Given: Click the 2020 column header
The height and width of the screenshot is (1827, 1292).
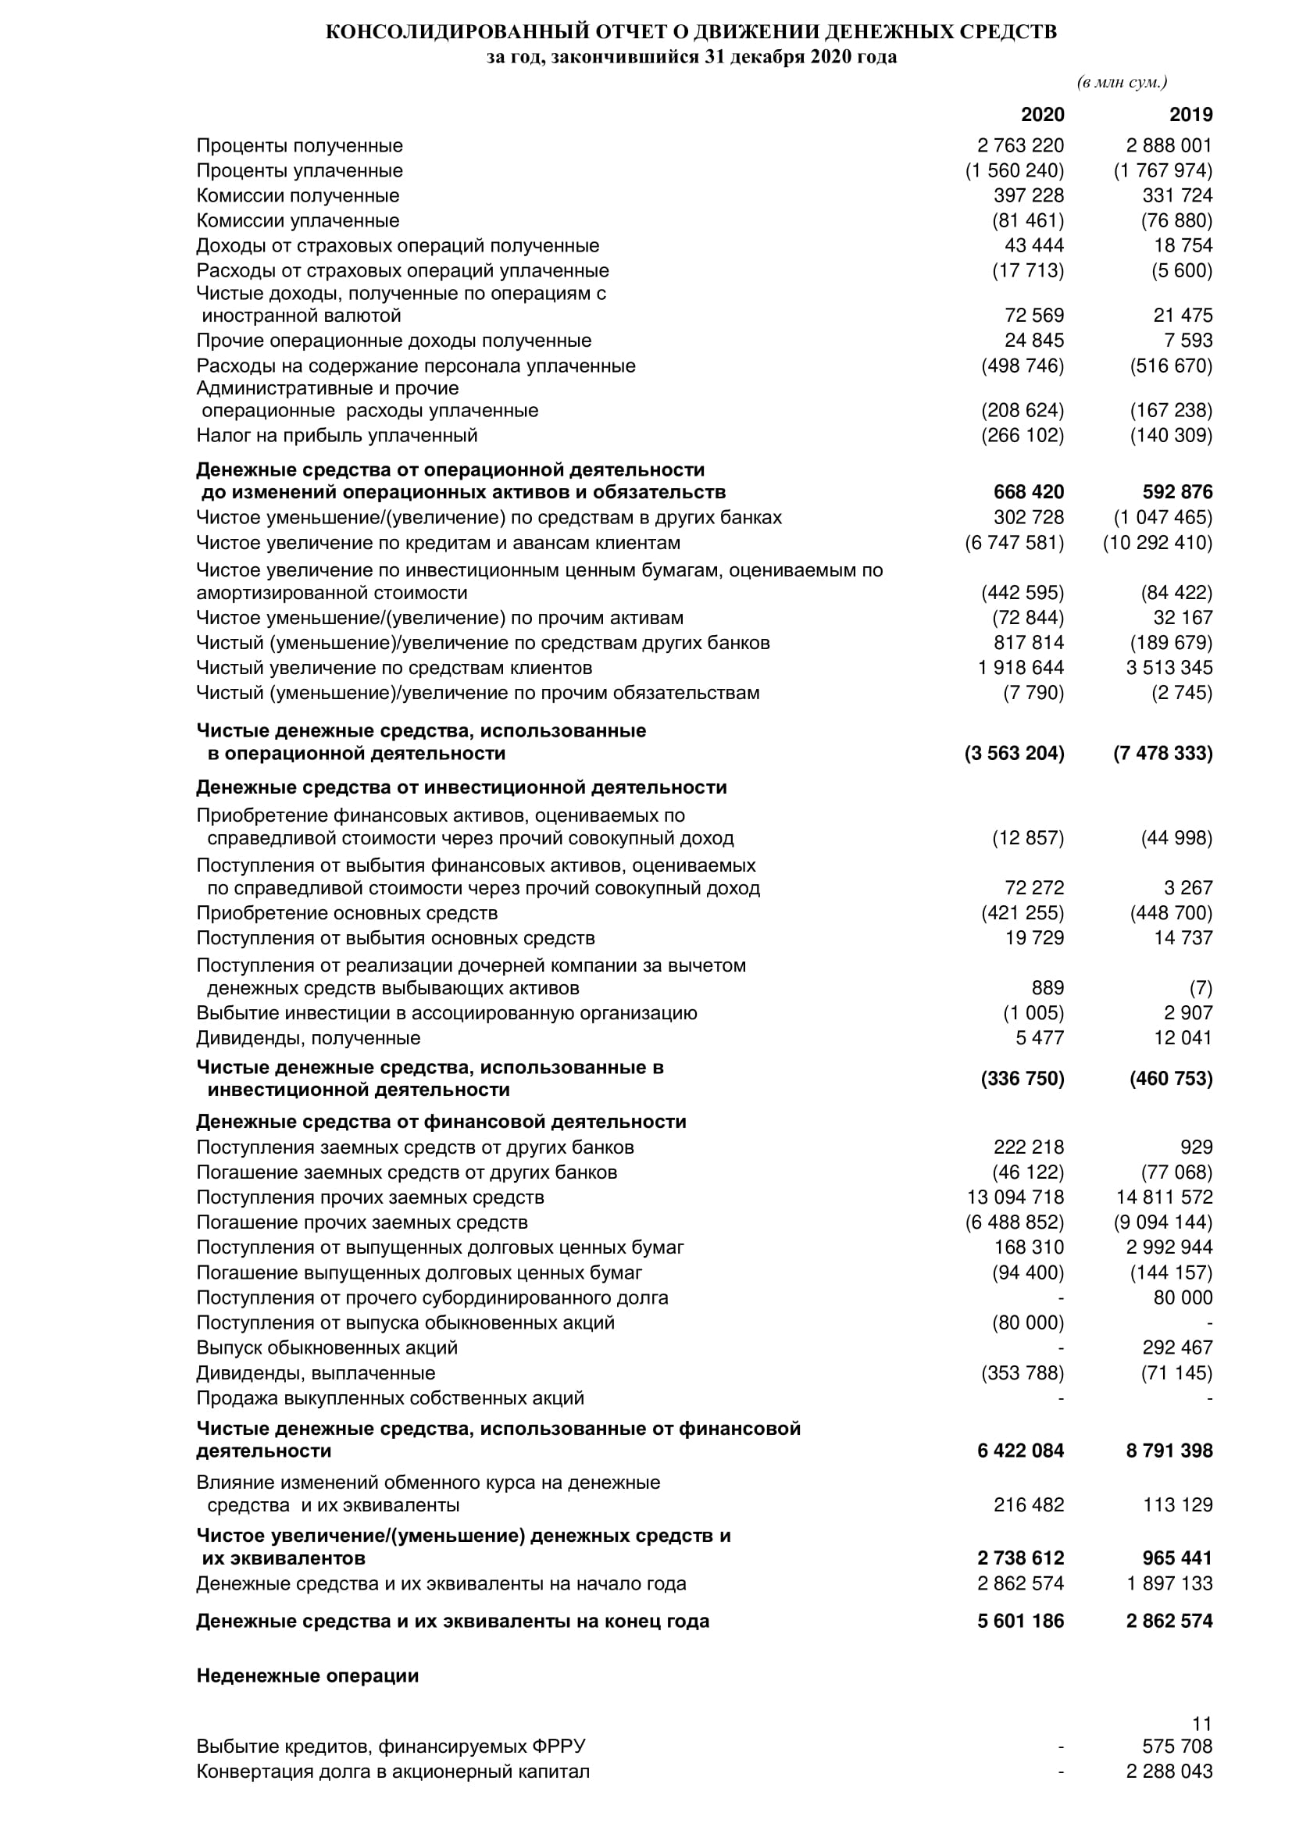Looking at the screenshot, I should pyautogui.click(x=1042, y=115).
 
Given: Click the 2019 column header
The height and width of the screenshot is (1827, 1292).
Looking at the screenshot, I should pyautogui.click(x=1191, y=115).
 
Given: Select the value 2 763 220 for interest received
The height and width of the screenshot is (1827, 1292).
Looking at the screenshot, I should pyautogui.click(x=1021, y=145).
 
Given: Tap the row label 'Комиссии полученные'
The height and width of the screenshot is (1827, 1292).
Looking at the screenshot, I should pyautogui.click(x=298, y=196).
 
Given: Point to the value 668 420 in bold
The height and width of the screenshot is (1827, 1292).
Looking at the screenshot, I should pyautogui.click(x=1029, y=492).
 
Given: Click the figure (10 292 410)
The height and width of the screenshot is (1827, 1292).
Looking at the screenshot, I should pyautogui.click(x=1158, y=543).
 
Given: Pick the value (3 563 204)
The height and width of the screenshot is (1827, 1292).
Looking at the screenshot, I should pyautogui.click(x=1015, y=753).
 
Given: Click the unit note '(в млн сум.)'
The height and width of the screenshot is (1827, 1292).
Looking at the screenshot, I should pyautogui.click(x=1122, y=83).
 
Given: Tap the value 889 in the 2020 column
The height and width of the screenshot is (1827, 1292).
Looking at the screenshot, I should pyautogui.click(x=1048, y=987).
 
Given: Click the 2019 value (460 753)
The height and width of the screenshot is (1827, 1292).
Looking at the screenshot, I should pyautogui.click(x=1171, y=1078).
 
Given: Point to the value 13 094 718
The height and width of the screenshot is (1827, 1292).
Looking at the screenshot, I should pyautogui.click(x=1015, y=1197).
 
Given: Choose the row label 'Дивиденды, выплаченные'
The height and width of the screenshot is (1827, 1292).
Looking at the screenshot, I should pyautogui.click(x=316, y=1372).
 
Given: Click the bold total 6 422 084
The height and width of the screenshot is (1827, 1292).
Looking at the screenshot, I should pyautogui.click(x=1021, y=1451).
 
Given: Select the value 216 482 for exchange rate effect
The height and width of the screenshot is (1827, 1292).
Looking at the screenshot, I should pyautogui.click(x=1029, y=1504).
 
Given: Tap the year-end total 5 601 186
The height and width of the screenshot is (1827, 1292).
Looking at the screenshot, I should pyautogui.click(x=1021, y=1621).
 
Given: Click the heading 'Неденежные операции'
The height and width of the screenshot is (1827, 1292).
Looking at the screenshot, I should pyautogui.click(x=307, y=1675).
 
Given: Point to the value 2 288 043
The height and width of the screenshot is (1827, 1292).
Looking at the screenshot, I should pyautogui.click(x=1169, y=1772).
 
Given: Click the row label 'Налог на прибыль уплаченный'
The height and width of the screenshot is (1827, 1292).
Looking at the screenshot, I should pyautogui.click(x=337, y=435).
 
